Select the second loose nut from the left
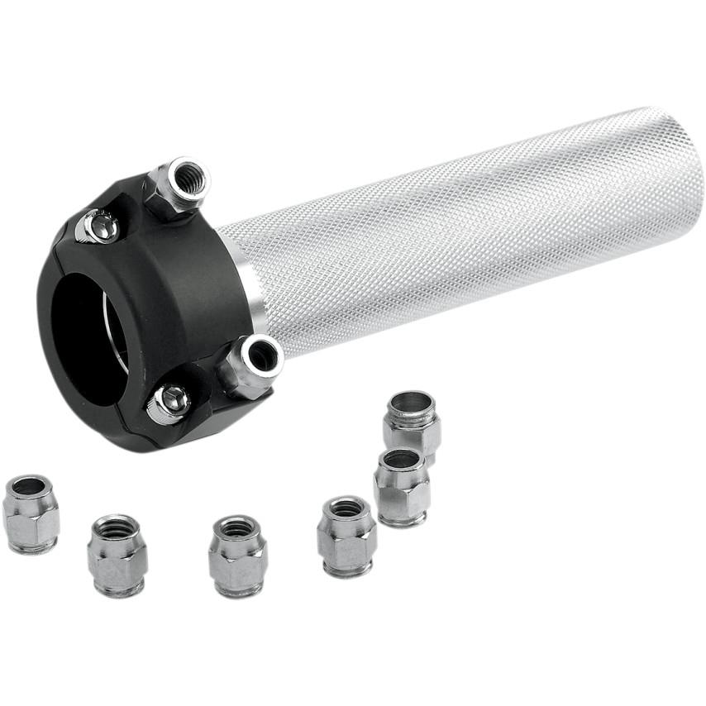pyautogui.click(x=117, y=555)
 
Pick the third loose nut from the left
pyautogui.click(x=237, y=555)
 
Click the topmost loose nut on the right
pyautogui.click(x=411, y=422)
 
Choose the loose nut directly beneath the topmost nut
pyautogui.click(x=402, y=487)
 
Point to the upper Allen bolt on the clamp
pyautogui.click(x=98, y=226)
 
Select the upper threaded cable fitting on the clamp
pyautogui.click(x=181, y=186)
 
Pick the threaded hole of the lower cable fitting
pyautogui.click(x=263, y=355)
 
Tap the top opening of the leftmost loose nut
pyautogui.click(x=30, y=486)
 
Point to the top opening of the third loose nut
pyautogui.click(x=236, y=527)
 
